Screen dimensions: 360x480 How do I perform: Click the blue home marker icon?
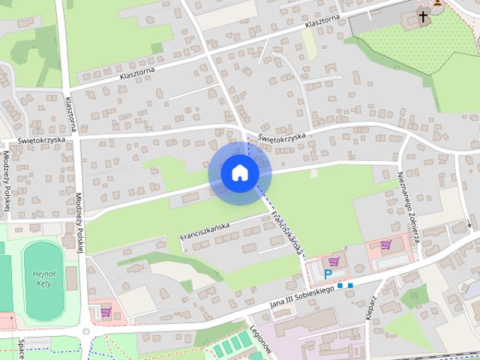(239, 173)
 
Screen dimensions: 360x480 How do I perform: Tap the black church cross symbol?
(423, 16)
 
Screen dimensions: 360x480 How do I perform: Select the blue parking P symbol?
(328, 274)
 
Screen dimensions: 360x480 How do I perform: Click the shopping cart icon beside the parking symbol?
(334, 262)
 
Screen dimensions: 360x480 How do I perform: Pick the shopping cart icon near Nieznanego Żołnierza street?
(385, 244)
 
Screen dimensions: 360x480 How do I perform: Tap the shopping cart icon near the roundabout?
(106, 312)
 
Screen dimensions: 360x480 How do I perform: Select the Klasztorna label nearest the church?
(322, 22)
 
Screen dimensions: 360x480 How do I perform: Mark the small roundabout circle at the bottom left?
(85, 331)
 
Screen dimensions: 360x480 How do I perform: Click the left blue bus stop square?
(340, 286)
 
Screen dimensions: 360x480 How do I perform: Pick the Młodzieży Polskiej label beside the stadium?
(78, 218)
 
